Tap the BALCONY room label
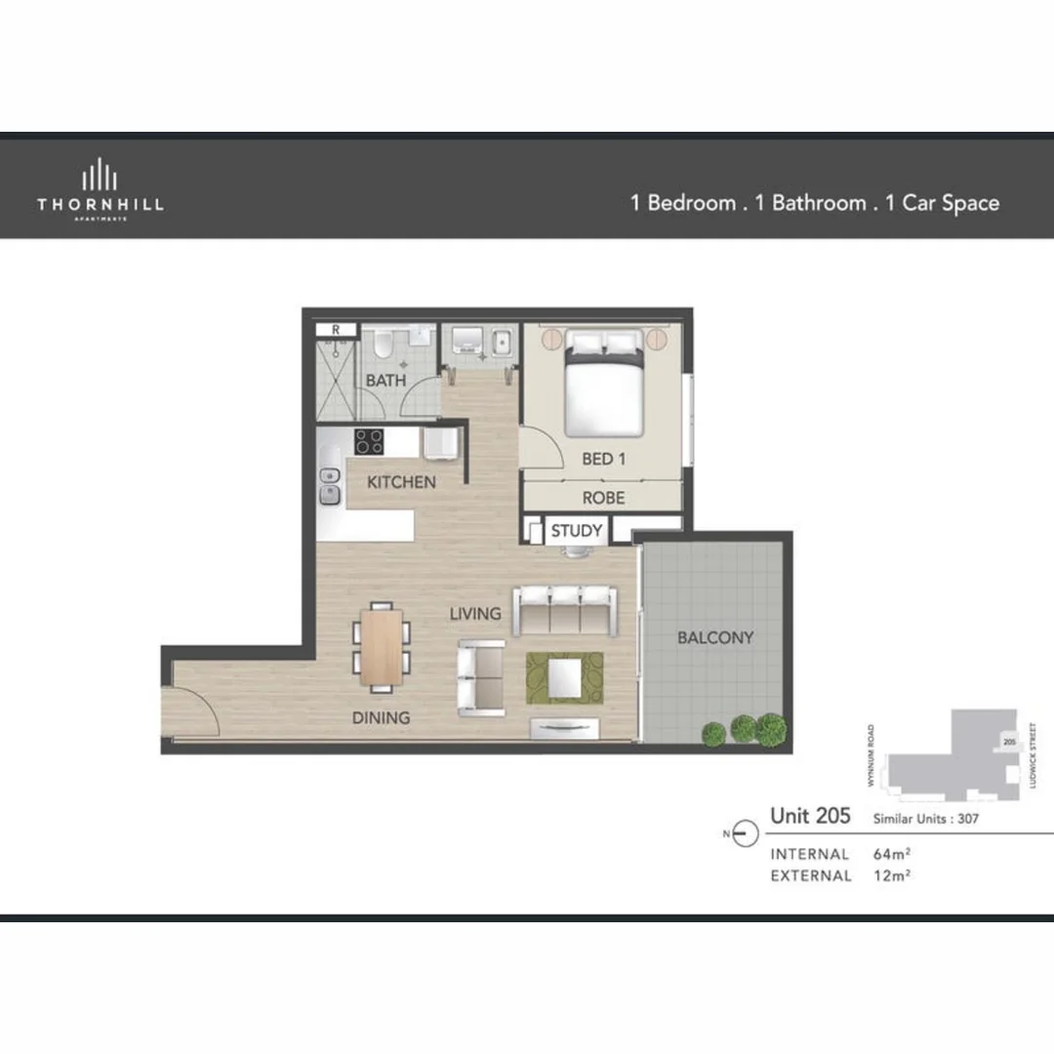click(715, 637)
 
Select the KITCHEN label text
click(401, 482)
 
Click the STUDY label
click(577, 532)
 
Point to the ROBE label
click(603, 498)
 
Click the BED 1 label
click(603, 459)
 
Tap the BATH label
click(385, 381)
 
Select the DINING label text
click(381, 717)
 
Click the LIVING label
click(475, 614)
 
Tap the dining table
click(381, 645)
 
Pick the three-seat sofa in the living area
click(566, 610)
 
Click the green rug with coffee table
click(565, 676)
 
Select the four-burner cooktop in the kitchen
click(369, 441)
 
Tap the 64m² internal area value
click(891, 854)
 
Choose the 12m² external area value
click(891, 875)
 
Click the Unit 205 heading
click(810, 816)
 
